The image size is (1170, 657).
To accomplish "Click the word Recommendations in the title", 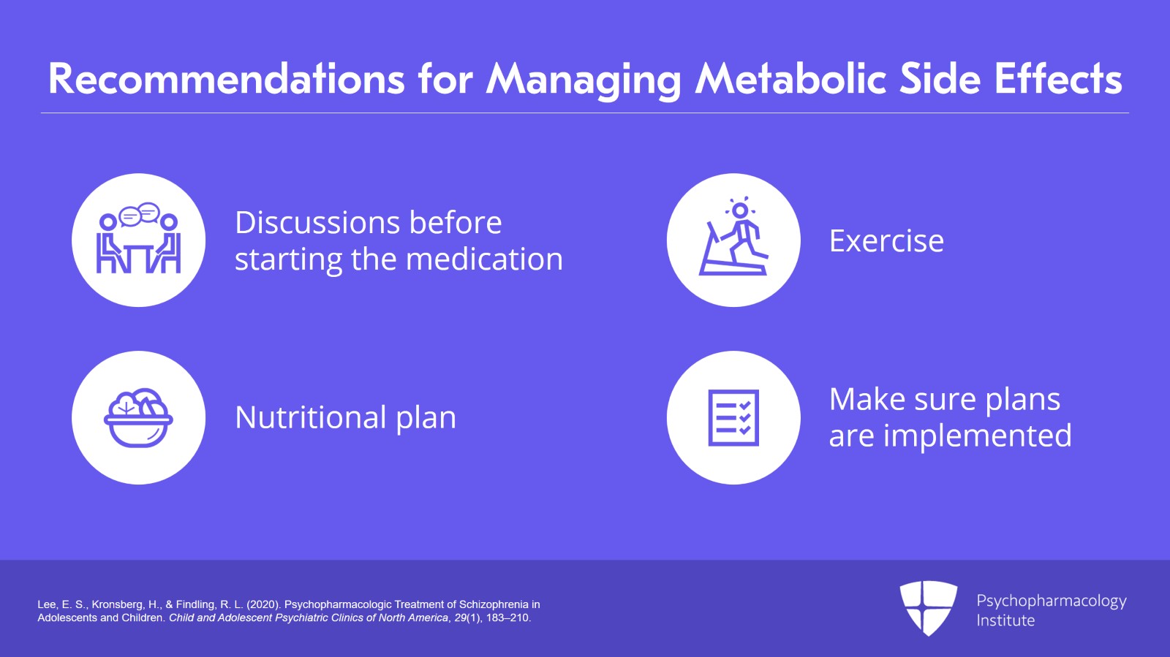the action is pyautogui.click(x=226, y=79).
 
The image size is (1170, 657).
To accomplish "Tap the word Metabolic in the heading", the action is pyautogui.click(x=790, y=79).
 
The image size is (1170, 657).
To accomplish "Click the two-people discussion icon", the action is pyautogui.click(x=138, y=238).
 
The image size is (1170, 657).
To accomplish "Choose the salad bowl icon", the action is pyautogui.click(x=138, y=418).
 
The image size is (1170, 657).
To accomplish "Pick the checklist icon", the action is pyautogui.click(x=733, y=417).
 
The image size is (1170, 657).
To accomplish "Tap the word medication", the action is pyautogui.click(x=484, y=259).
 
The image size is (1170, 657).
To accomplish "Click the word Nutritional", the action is pyautogui.click(x=311, y=417).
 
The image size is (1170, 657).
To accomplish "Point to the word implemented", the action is pyautogui.click(x=977, y=436).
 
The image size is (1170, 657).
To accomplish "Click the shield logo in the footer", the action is pyautogui.click(x=928, y=607).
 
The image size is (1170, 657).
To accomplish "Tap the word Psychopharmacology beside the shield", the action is pyautogui.click(x=1052, y=601).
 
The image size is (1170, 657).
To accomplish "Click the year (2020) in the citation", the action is pyautogui.click(x=264, y=604).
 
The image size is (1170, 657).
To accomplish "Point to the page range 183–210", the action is pyautogui.click(x=508, y=618).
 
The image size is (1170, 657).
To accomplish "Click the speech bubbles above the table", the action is pyautogui.click(x=139, y=214).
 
